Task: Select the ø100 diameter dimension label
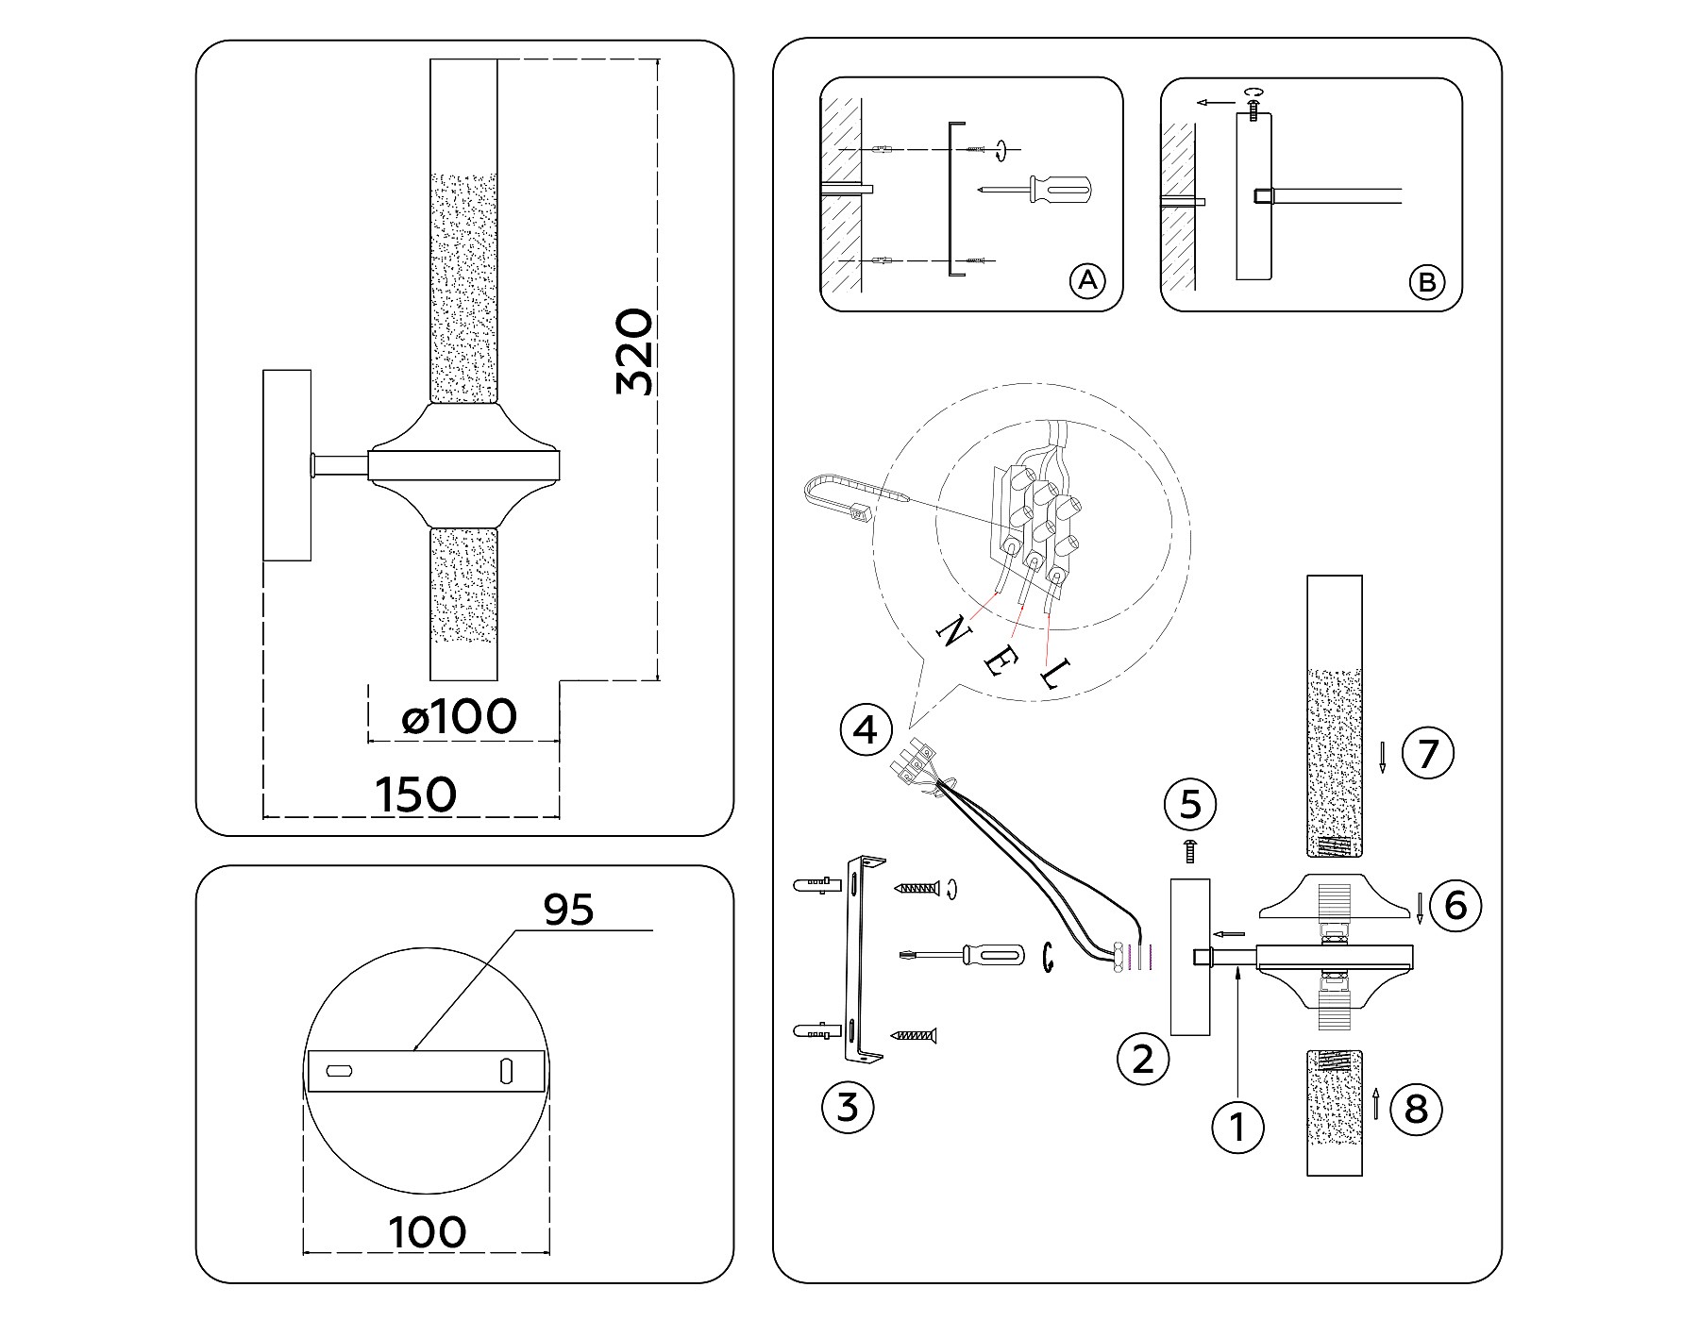pyautogui.click(x=460, y=718)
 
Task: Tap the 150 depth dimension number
pyautogui.click(x=416, y=794)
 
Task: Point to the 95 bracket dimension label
pyautogui.click(x=569, y=910)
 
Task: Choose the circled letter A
pyautogui.click(x=1086, y=280)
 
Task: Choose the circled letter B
pyautogui.click(x=1426, y=281)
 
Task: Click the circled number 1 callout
pyautogui.click(x=1237, y=1125)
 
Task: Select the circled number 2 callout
pyautogui.click(x=1142, y=1059)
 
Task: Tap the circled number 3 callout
pyautogui.click(x=848, y=1106)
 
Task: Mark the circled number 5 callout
pyautogui.click(x=1190, y=805)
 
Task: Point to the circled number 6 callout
pyautogui.click(x=1455, y=905)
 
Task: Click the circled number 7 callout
pyautogui.click(x=1427, y=754)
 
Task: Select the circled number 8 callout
pyautogui.click(x=1416, y=1109)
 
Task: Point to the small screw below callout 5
pyautogui.click(x=1190, y=851)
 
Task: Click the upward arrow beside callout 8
pyautogui.click(x=1376, y=1103)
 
